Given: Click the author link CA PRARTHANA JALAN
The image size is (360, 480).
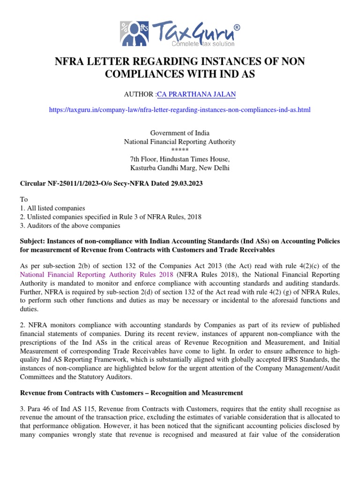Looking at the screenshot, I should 196,94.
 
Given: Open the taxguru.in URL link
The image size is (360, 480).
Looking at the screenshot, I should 180,110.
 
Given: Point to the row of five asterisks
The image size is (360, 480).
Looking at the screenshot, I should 180,150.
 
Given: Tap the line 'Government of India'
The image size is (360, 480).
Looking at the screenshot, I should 180,133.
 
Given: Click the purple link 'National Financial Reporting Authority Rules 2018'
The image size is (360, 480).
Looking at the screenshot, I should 97,274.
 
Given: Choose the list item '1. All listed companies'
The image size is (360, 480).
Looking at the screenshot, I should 52,208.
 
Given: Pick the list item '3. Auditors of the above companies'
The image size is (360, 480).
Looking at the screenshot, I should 68,225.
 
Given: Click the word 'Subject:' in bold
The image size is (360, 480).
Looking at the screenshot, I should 33,241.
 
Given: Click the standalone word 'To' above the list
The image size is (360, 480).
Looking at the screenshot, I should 23,199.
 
